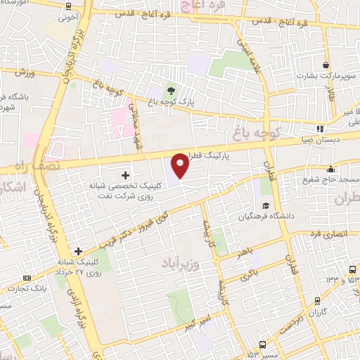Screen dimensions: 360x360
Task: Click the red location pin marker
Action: (x=181, y=165)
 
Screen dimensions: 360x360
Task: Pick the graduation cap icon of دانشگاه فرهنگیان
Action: (x=266, y=205)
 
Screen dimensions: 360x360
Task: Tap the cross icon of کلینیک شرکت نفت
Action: (x=126, y=174)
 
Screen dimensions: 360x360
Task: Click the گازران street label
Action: (x=318, y=311)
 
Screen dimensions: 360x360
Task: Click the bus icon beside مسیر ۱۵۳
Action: (x=262, y=345)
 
